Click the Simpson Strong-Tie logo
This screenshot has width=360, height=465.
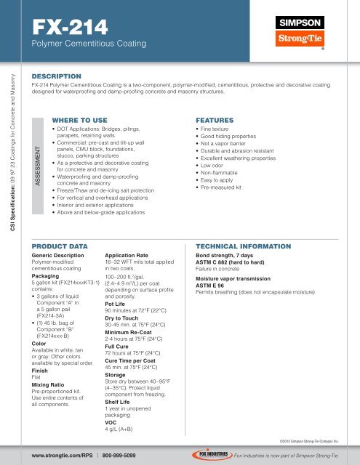[x=323, y=33]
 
